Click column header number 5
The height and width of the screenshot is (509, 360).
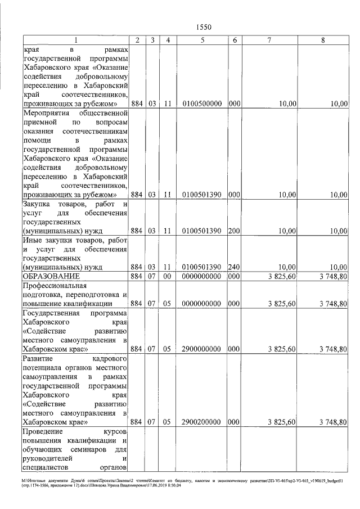click(201, 40)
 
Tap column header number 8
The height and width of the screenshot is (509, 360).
click(322, 40)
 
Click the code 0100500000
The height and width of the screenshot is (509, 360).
click(202, 104)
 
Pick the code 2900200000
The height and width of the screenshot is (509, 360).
click(202, 421)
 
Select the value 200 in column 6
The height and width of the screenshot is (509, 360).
click(235, 231)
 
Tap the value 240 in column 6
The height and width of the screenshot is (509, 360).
click(235, 267)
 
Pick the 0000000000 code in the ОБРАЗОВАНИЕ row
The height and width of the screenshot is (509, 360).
click(202, 277)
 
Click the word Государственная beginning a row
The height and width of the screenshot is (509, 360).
click(50, 313)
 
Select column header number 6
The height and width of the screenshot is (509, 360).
click(235, 40)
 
